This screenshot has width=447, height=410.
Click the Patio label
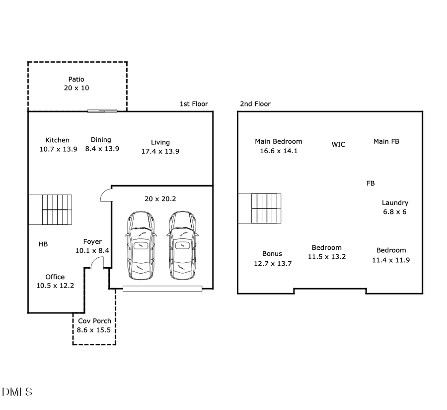click(76, 79)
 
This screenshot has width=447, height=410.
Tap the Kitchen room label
click(58, 140)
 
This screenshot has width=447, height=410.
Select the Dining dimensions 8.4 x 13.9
click(102, 149)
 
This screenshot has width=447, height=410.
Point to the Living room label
click(160, 142)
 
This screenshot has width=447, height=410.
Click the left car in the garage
click(141, 245)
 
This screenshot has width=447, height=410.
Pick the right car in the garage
click(182, 245)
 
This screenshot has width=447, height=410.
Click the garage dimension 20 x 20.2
click(160, 199)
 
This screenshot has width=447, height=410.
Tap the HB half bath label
click(43, 244)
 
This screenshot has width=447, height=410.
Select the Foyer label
click(92, 242)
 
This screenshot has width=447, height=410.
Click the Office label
click(55, 277)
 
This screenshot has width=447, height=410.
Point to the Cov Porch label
click(94, 321)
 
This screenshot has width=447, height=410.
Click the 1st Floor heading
click(194, 104)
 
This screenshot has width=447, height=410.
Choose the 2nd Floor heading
click(255, 104)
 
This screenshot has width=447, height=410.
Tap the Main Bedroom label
click(278, 141)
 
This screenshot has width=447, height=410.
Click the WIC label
click(338, 144)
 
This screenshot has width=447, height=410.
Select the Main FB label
click(386, 141)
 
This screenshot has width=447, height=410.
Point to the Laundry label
click(395, 203)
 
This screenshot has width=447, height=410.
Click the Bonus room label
click(272, 254)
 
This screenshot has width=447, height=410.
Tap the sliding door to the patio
click(103, 110)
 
